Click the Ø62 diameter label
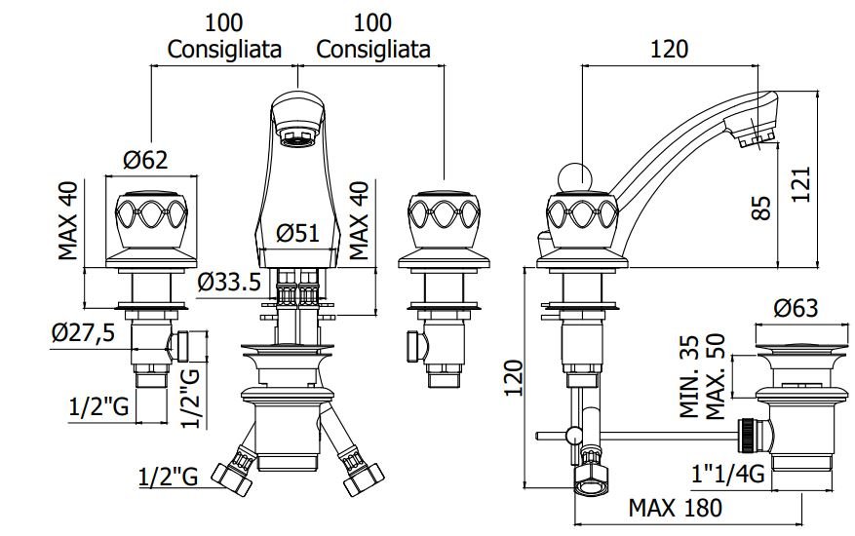tap(145, 160)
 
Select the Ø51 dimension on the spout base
tap(297, 233)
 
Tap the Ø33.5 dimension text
tap(229, 282)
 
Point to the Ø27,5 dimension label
tap(84, 332)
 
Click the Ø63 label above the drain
tap(797, 309)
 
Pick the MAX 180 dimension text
tap(675, 508)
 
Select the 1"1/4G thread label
tap(728, 474)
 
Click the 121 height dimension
tap(801, 184)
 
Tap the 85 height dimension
tap(761, 209)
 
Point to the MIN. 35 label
tap(688, 377)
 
